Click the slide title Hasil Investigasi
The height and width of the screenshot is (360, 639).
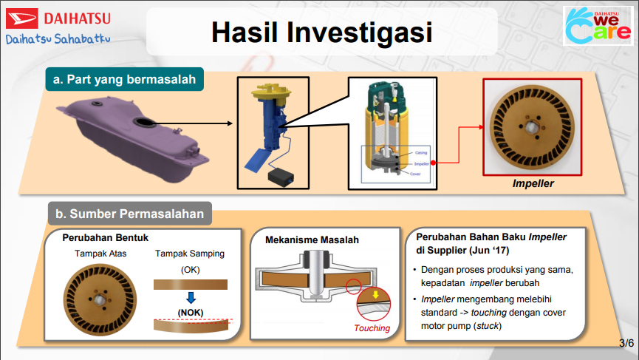click(x=320, y=31)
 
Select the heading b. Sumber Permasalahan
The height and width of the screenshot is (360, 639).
click(x=130, y=214)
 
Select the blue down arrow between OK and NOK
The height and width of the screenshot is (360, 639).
click(x=191, y=299)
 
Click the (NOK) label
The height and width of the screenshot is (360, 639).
click(x=190, y=313)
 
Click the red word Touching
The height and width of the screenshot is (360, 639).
click(x=372, y=329)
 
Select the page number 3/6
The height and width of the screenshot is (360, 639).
click(x=626, y=343)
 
